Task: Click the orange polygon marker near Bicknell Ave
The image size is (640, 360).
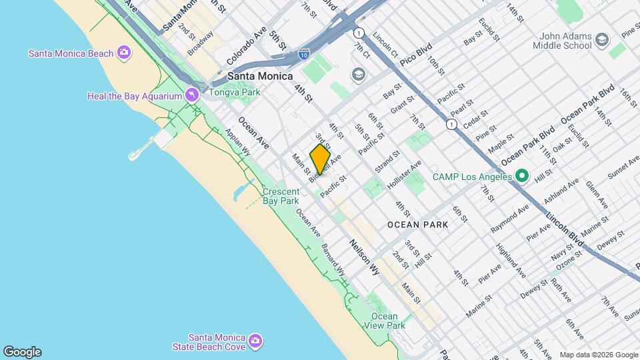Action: pyautogui.click(x=321, y=160)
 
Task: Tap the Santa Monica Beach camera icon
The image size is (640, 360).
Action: pyautogui.click(x=123, y=53)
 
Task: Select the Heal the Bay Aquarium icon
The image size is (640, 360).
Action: pyautogui.click(x=192, y=96)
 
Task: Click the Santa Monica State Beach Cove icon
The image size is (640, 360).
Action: pyautogui.click(x=254, y=343)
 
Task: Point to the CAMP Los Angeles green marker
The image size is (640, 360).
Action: pyautogui.click(x=522, y=177)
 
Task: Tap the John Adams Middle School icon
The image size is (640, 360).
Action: pyautogui.click(x=603, y=41)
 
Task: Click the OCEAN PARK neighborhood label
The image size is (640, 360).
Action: pyautogui.click(x=417, y=225)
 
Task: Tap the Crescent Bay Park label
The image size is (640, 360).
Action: pyautogui.click(x=281, y=195)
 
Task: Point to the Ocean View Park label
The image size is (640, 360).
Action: pyautogui.click(x=385, y=321)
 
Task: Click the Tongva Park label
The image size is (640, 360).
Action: pyautogui.click(x=234, y=92)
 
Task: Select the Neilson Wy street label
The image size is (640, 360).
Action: pyautogui.click(x=364, y=257)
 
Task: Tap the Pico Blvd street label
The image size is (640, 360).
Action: pyautogui.click(x=417, y=54)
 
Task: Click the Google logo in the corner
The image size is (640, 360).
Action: pyautogui.click(x=22, y=351)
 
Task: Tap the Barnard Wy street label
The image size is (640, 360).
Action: pyautogui.click(x=333, y=260)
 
